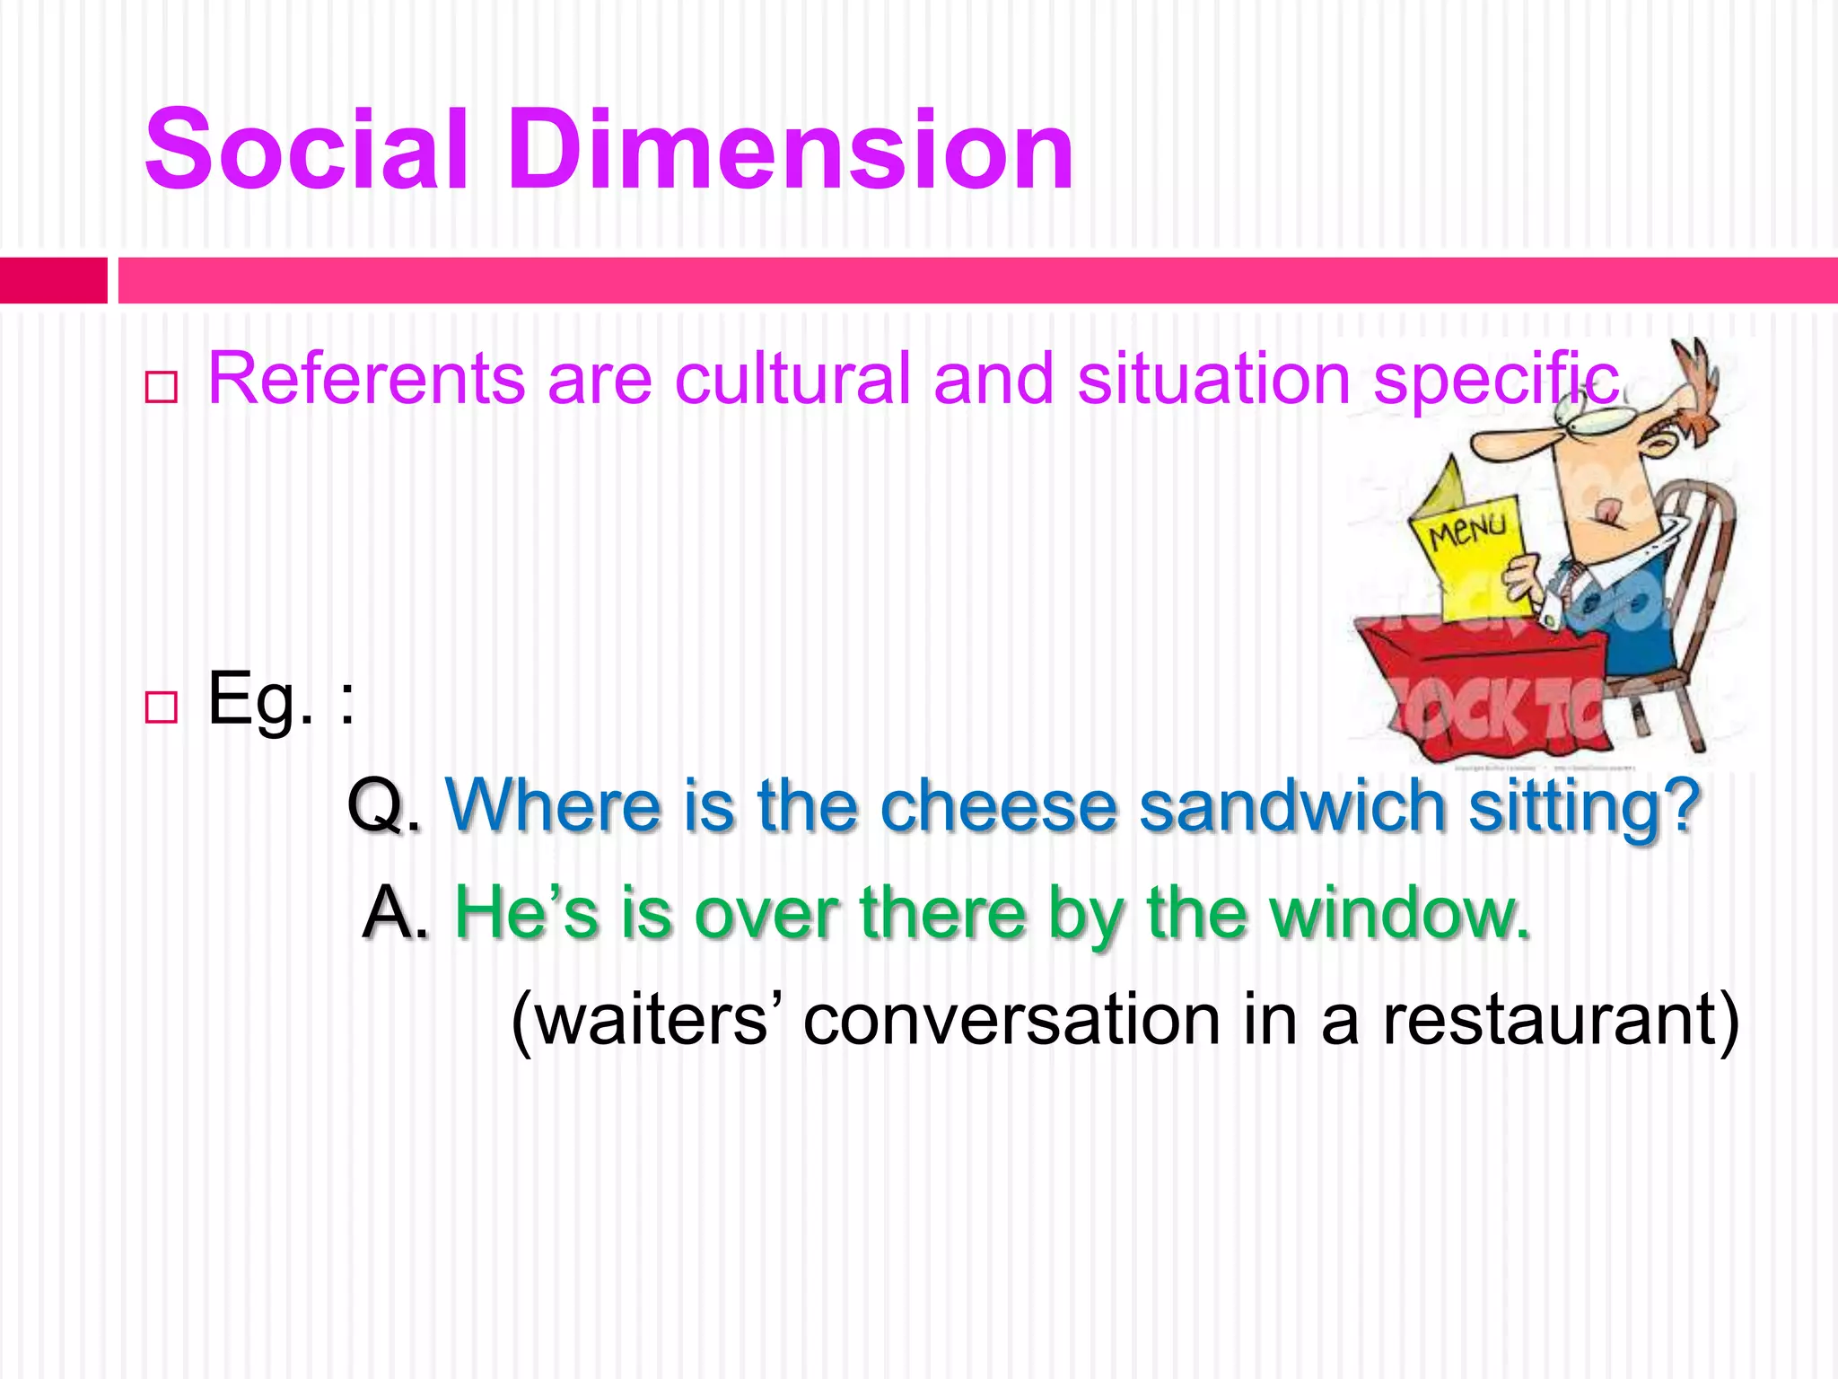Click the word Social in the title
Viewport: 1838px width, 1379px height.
click(x=306, y=150)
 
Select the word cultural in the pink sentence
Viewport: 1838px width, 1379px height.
click(x=792, y=379)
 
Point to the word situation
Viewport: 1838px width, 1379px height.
click(x=1213, y=379)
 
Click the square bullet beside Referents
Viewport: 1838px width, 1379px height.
click(x=161, y=387)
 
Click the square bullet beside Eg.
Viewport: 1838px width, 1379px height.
click(x=161, y=707)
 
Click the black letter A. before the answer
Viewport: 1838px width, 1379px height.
click(x=396, y=913)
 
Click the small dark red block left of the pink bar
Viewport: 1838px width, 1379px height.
click(x=53, y=280)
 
